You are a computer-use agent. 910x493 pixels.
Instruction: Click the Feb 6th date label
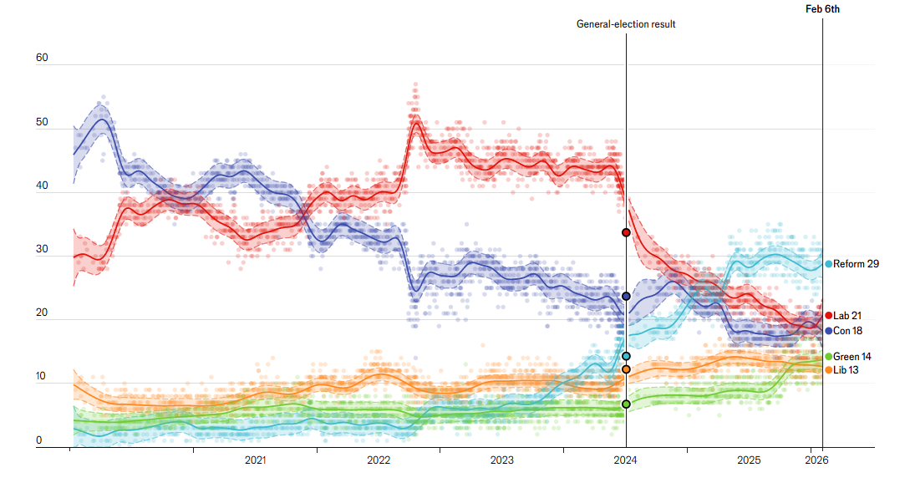click(x=822, y=9)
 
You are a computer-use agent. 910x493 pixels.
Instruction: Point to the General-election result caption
click(x=626, y=24)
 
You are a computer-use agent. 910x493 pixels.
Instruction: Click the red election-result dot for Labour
click(x=626, y=232)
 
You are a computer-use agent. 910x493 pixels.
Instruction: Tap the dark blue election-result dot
click(x=626, y=297)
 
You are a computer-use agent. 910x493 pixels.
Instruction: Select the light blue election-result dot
click(x=626, y=356)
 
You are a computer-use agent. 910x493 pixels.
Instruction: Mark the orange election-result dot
click(x=626, y=368)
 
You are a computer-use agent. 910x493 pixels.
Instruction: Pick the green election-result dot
click(x=626, y=404)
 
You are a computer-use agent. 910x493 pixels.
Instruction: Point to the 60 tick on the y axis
click(x=42, y=58)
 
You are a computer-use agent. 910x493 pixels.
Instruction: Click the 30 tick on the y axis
click(x=42, y=250)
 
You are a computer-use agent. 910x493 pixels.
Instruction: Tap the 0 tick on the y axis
click(x=38, y=441)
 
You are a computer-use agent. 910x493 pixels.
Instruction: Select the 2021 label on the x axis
click(x=256, y=460)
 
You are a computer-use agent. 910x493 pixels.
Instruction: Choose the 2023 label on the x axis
click(x=502, y=460)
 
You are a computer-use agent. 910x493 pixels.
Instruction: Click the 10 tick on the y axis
click(x=42, y=378)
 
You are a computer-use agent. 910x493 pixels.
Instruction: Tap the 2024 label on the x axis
click(x=626, y=460)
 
